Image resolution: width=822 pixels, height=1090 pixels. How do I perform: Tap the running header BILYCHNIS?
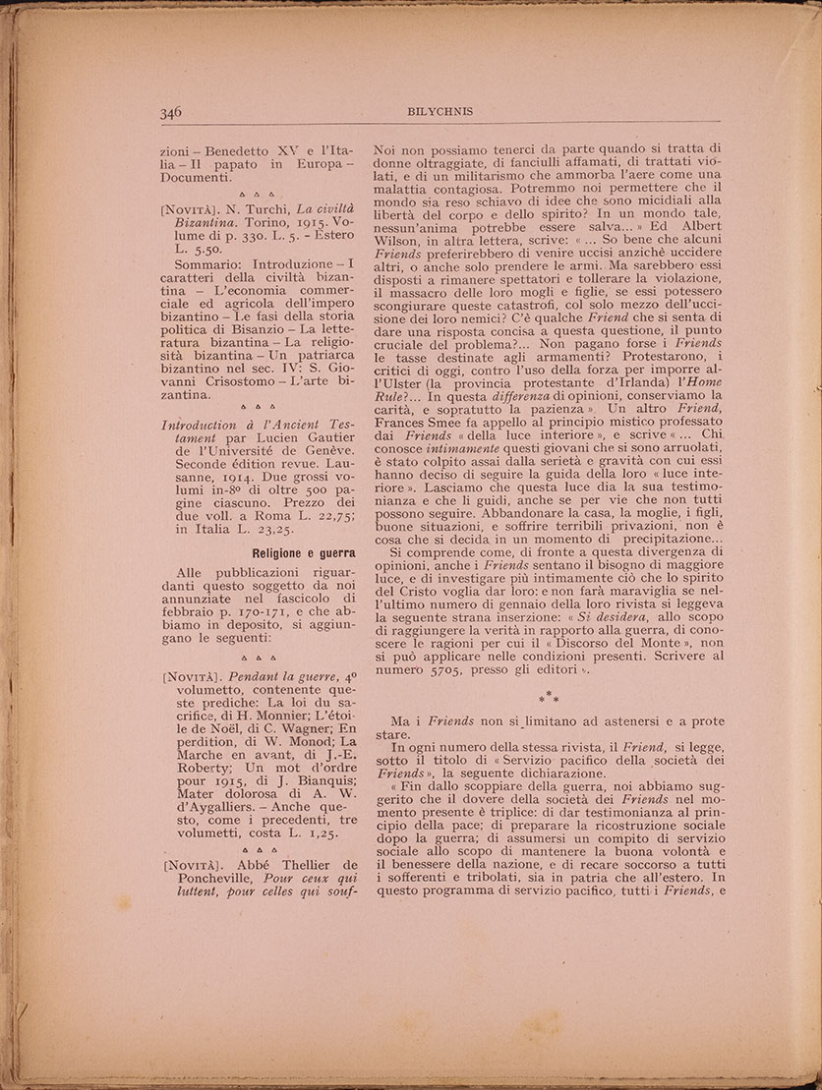click(x=440, y=112)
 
